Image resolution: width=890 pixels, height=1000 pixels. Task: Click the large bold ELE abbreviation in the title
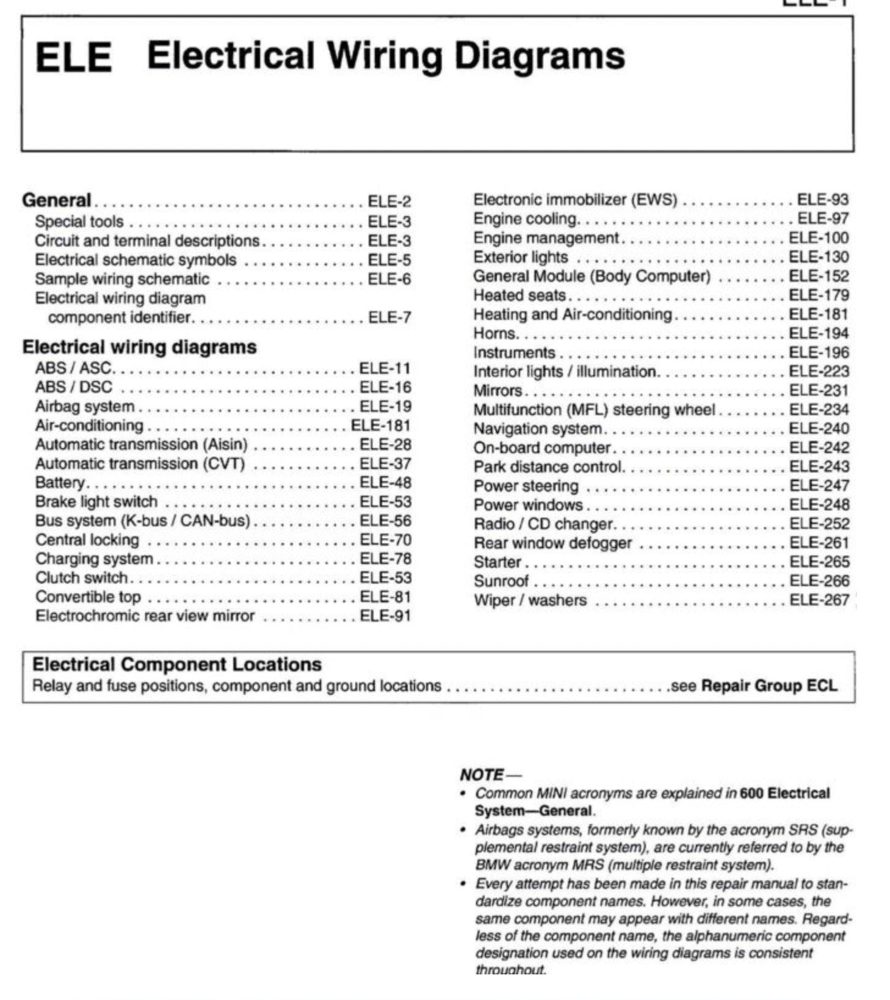pyautogui.click(x=73, y=57)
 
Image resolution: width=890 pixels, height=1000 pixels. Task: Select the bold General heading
pyautogui.click(x=56, y=200)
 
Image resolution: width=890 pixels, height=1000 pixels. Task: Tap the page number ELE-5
pyautogui.click(x=389, y=260)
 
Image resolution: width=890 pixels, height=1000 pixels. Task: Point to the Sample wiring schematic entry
pyautogui.click(x=121, y=280)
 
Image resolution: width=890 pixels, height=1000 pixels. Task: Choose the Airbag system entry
pyautogui.click(x=84, y=407)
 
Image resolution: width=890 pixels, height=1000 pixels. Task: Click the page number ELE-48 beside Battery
pyautogui.click(x=385, y=483)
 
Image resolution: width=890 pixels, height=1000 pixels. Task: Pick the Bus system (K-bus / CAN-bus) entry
pyautogui.click(x=142, y=521)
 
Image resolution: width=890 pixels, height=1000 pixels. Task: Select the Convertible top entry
pyautogui.click(x=87, y=597)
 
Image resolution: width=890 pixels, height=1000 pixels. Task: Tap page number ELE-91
pyautogui.click(x=385, y=616)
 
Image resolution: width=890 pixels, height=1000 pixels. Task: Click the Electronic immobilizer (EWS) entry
pyautogui.click(x=575, y=200)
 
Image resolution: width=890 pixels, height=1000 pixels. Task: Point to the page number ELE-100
pyautogui.click(x=819, y=238)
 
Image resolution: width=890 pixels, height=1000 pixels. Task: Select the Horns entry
pyautogui.click(x=494, y=333)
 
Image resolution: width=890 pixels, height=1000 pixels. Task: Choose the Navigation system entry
pyautogui.click(x=537, y=429)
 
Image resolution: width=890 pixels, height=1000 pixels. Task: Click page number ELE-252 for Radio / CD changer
pyautogui.click(x=819, y=524)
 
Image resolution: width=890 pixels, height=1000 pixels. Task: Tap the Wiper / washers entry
pyautogui.click(x=529, y=601)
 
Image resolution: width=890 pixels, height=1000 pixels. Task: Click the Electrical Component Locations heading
pyautogui.click(x=176, y=664)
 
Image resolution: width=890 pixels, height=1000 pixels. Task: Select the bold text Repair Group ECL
pyautogui.click(x=769, y=686)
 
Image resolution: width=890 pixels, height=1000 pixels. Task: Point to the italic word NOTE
pyautogui.click(x=482, y=775)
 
